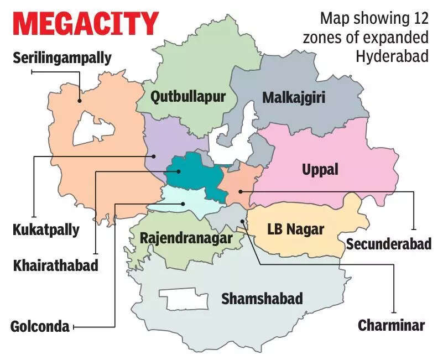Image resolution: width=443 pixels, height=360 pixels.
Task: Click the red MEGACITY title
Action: [86, 24]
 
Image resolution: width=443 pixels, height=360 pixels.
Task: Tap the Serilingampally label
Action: [62, 57]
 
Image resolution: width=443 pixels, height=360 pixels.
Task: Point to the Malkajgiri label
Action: [293, 98]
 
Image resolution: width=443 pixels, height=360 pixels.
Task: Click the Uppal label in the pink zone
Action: [320, 169]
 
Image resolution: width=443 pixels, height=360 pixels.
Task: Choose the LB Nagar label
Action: [295, 228]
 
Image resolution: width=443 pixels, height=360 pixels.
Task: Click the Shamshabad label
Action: [262, 299]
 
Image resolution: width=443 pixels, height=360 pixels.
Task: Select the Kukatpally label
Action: [45, 229]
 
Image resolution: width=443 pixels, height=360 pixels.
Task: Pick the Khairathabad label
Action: [55, 265]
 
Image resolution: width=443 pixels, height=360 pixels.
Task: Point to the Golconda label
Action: [40, 326]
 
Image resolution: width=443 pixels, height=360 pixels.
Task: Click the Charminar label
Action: [391, 325]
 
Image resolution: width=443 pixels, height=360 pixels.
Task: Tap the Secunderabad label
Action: [388, 243]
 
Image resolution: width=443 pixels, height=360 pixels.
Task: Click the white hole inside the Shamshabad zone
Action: [184, 299]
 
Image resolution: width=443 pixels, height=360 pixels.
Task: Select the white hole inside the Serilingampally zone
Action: [94, 128]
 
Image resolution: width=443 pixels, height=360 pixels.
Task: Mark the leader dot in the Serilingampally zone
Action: [80, 101]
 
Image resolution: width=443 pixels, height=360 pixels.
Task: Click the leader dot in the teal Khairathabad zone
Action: [179, 171]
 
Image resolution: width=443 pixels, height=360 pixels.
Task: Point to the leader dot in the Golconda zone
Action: [183, 204]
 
